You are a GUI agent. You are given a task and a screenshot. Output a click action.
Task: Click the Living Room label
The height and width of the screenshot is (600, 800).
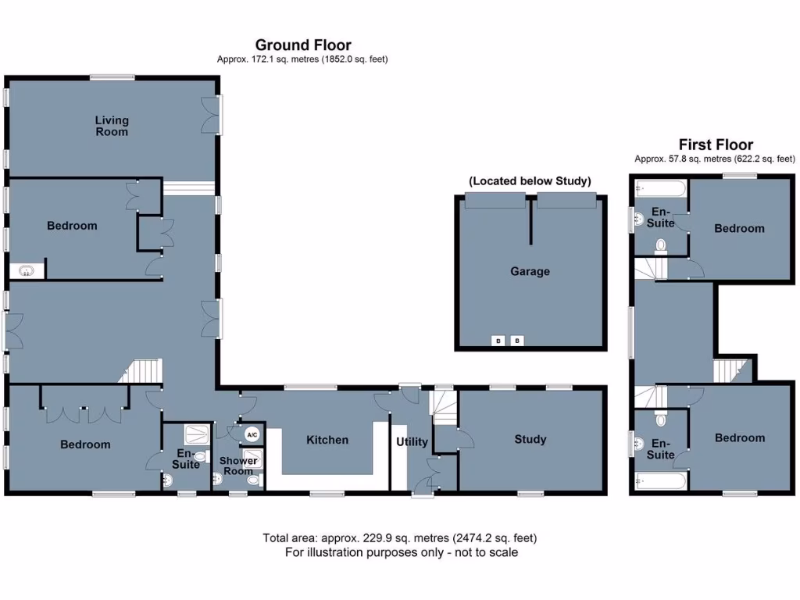point(112,126)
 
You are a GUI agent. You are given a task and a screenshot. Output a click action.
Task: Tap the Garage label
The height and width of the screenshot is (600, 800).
point(530,272)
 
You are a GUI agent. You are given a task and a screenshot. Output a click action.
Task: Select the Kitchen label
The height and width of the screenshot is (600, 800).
point(327,440)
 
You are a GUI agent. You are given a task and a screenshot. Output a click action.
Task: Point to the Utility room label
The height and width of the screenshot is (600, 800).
point(412,442)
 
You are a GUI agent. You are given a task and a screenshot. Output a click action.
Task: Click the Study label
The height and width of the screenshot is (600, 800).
point(530,439)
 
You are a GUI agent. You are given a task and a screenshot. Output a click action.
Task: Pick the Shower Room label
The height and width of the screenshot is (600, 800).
point(237,466)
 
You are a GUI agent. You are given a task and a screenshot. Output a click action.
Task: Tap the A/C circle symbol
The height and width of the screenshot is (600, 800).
point(252,434)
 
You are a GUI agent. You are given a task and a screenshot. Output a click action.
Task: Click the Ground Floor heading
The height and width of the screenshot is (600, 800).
point(303,45)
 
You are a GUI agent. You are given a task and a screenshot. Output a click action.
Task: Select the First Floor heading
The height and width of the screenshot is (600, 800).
point(716,145)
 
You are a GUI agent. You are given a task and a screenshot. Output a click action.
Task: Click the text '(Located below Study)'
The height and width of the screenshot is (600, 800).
point(530,181)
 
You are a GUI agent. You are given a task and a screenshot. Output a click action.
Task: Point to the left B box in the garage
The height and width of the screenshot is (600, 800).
point(498,341)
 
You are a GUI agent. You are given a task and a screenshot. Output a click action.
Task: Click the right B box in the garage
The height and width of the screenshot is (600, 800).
point(516,341)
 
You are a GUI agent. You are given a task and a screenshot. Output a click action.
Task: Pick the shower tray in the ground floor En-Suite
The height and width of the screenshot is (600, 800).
point(195,433)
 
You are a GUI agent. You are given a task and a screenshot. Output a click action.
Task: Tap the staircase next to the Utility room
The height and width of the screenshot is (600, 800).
point(445,408)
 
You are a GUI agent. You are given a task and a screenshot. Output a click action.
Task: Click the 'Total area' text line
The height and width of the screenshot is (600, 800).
point(400,538)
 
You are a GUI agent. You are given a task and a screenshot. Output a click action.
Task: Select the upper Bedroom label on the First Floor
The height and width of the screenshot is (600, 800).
point(739,228)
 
